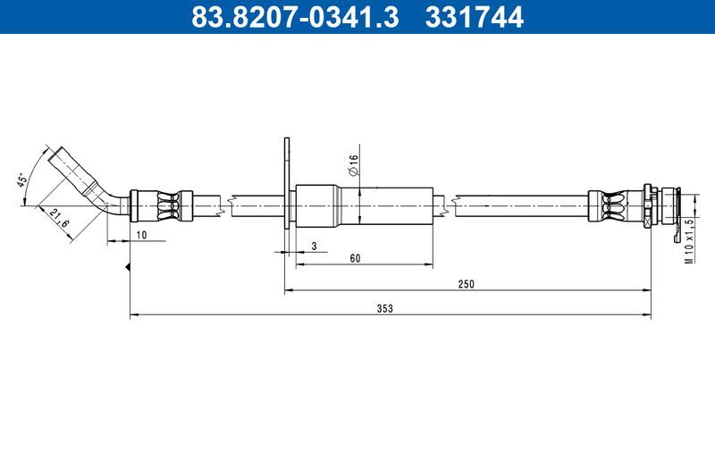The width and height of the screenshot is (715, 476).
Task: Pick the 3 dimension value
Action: tap(315, 246)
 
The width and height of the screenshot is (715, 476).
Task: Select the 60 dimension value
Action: tap(355, 258)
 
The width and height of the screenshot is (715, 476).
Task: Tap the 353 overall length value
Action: tap(385, 308)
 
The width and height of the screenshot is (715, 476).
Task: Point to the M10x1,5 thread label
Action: tap(689, 240)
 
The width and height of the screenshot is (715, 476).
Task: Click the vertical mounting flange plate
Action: tap(287, 183)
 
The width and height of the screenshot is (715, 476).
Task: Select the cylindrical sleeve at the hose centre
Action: tap(362, 205)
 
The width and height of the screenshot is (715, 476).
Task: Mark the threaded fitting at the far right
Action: tap(663, 205)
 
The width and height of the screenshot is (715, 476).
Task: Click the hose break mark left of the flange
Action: tap(231, 205)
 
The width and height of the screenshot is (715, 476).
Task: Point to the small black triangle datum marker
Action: tap(130, 267)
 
